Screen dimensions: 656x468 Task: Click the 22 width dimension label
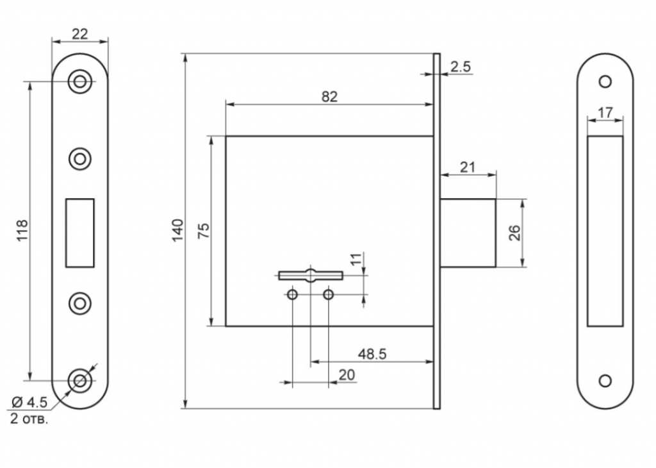click(80, 33)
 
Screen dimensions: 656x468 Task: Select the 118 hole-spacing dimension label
click(22, 230)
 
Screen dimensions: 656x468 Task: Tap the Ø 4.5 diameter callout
click(29, 403)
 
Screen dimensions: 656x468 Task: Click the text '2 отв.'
click(29, 419)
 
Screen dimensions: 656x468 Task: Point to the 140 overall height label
click(178, 230)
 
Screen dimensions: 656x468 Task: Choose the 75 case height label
click(203, 231)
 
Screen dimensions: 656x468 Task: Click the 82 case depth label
click(329, 97)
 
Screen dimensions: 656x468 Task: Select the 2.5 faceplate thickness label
click(460, 67)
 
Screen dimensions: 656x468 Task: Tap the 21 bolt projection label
click(467, 167)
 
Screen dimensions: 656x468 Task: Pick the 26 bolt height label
click(514, 233)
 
